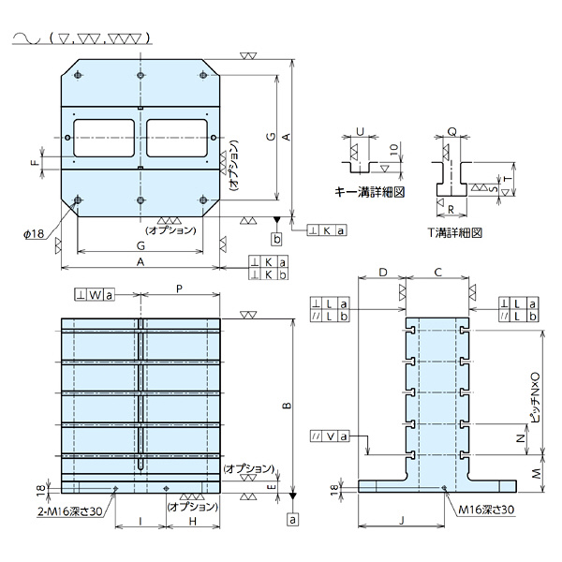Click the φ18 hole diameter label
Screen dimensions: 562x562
[x=32, y=234]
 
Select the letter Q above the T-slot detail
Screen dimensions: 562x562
[x=451, y=133]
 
